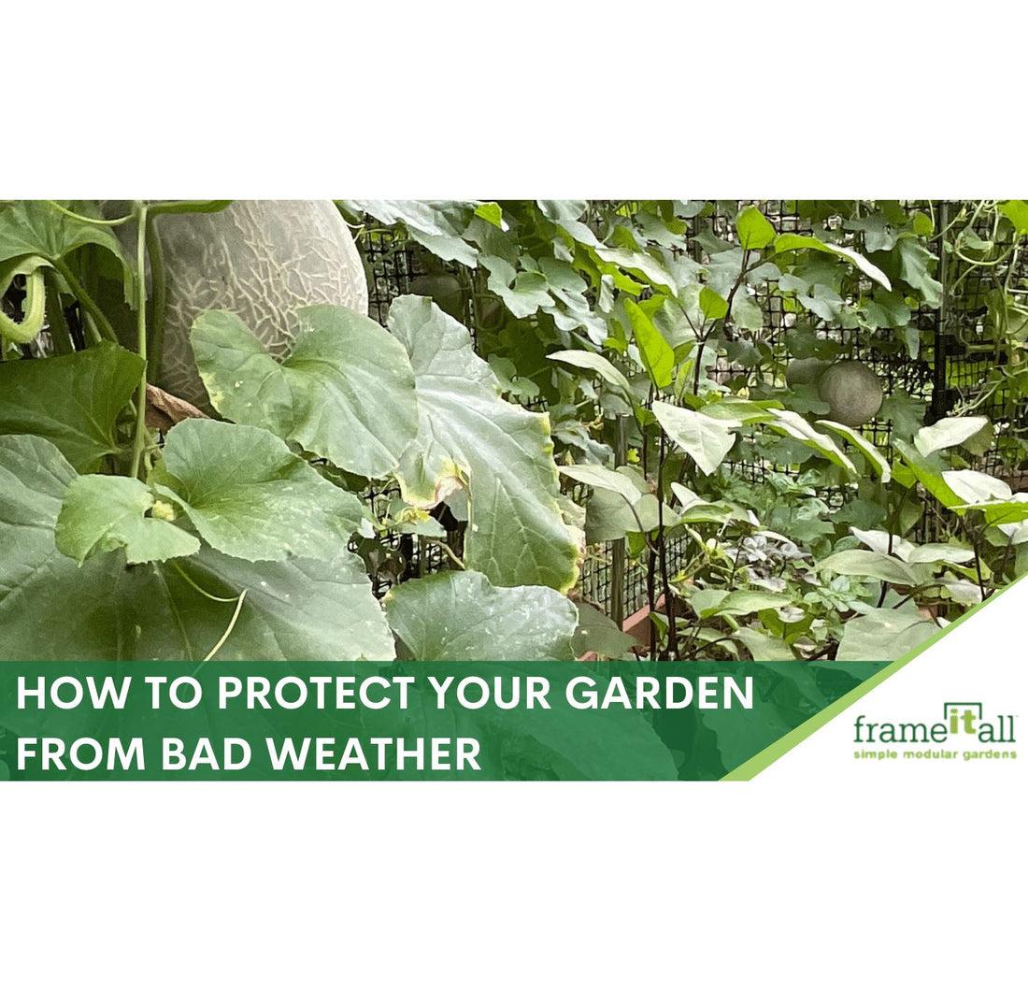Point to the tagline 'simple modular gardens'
[x=935, y=753]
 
